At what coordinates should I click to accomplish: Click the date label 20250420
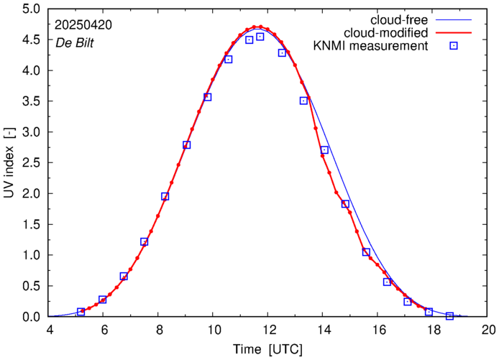[83, 24]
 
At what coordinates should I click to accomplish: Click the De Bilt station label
[75, 42]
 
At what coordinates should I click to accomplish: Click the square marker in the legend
[454, 47]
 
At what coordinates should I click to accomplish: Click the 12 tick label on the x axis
[268, 331]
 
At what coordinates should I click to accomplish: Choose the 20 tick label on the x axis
[488, 331]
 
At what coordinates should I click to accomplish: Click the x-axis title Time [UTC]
[268, 349]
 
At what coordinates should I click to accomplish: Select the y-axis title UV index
[9, 163]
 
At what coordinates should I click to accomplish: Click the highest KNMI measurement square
[260, 37]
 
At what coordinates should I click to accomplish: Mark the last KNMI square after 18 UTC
[450, 316]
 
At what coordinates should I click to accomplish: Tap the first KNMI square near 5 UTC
[81, 312]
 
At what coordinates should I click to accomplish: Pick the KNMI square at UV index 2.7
[324, 150]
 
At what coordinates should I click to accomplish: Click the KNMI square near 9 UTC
[186, 144]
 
